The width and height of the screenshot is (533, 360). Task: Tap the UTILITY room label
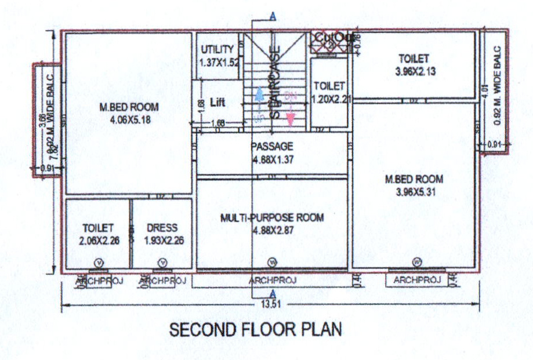click(x=217, y=49)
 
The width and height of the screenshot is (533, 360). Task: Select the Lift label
click(x=217, y=103)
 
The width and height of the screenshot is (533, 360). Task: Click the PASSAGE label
click(x=272, y=146)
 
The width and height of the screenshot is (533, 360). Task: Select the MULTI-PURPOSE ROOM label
click(x=272, y=218)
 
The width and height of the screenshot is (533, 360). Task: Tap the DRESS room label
click(x=162, y=228)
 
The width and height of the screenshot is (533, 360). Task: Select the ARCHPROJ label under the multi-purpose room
click(x=272, y=281)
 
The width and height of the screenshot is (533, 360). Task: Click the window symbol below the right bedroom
click(x=416, y=262)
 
